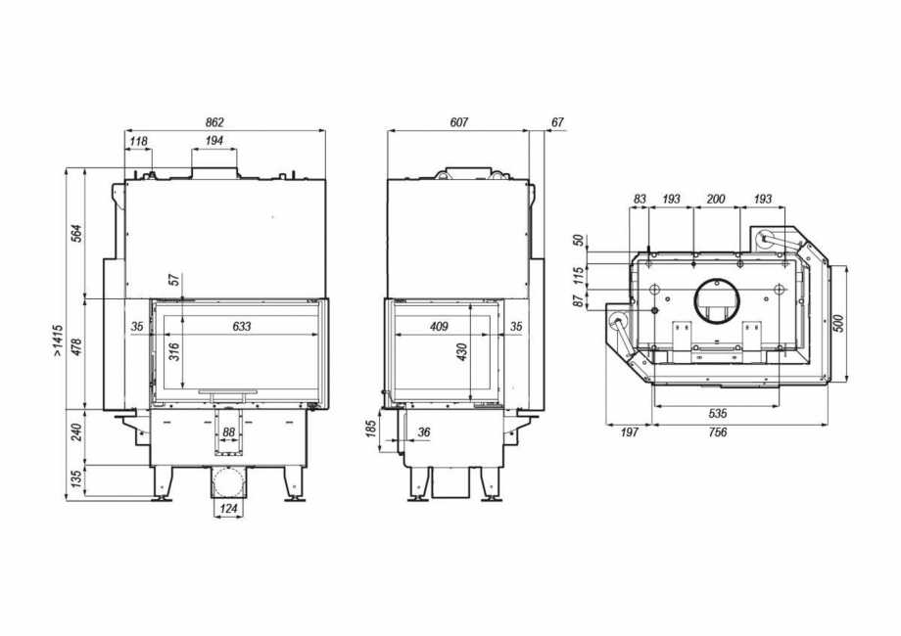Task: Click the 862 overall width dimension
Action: tap(214, 122)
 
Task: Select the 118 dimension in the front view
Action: tap(138, 142)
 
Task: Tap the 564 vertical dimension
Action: tap(76, 233)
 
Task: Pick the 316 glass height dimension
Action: tap(175, 352)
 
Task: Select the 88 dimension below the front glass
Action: tap(229, 432)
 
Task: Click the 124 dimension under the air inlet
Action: tap(228, 508)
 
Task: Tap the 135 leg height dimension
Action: tap(76, 481)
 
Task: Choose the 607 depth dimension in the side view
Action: tap(458, 122)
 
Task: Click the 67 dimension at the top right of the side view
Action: tap(557, 122)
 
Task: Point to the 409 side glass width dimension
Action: tap(438, 326)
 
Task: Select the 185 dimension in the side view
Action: tap(373, 430)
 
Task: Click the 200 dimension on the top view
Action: tap(716, 200)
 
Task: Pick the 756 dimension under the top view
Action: tap(718, 432)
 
